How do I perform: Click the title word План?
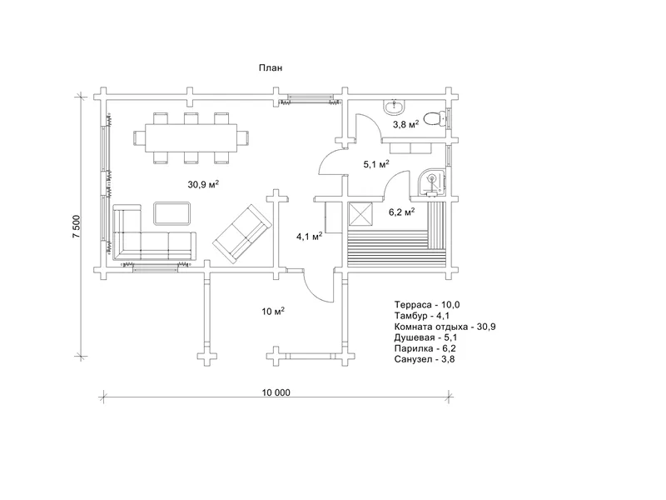pos(271,68)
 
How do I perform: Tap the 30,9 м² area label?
pos(203,184)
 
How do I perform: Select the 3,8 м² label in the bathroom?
pos(405,124)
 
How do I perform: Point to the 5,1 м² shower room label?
pos(376,164)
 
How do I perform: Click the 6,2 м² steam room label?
pos(402,212)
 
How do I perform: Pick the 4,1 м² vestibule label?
pos(309,237)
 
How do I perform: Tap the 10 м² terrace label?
pos(273,312)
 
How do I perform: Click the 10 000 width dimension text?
pos(276,392)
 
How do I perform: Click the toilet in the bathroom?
pos(435,117)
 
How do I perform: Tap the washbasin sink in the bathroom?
pos(395,107)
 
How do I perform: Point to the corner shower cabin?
pos(431,183)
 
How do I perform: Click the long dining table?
pos(191,137)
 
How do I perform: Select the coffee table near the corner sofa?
pos(172,213)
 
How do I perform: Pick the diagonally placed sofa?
pos(242,234)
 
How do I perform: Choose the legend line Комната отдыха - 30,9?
pos(445,327)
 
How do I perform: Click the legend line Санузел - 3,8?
pos(425,359)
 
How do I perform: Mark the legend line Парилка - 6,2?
pos(425,348)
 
